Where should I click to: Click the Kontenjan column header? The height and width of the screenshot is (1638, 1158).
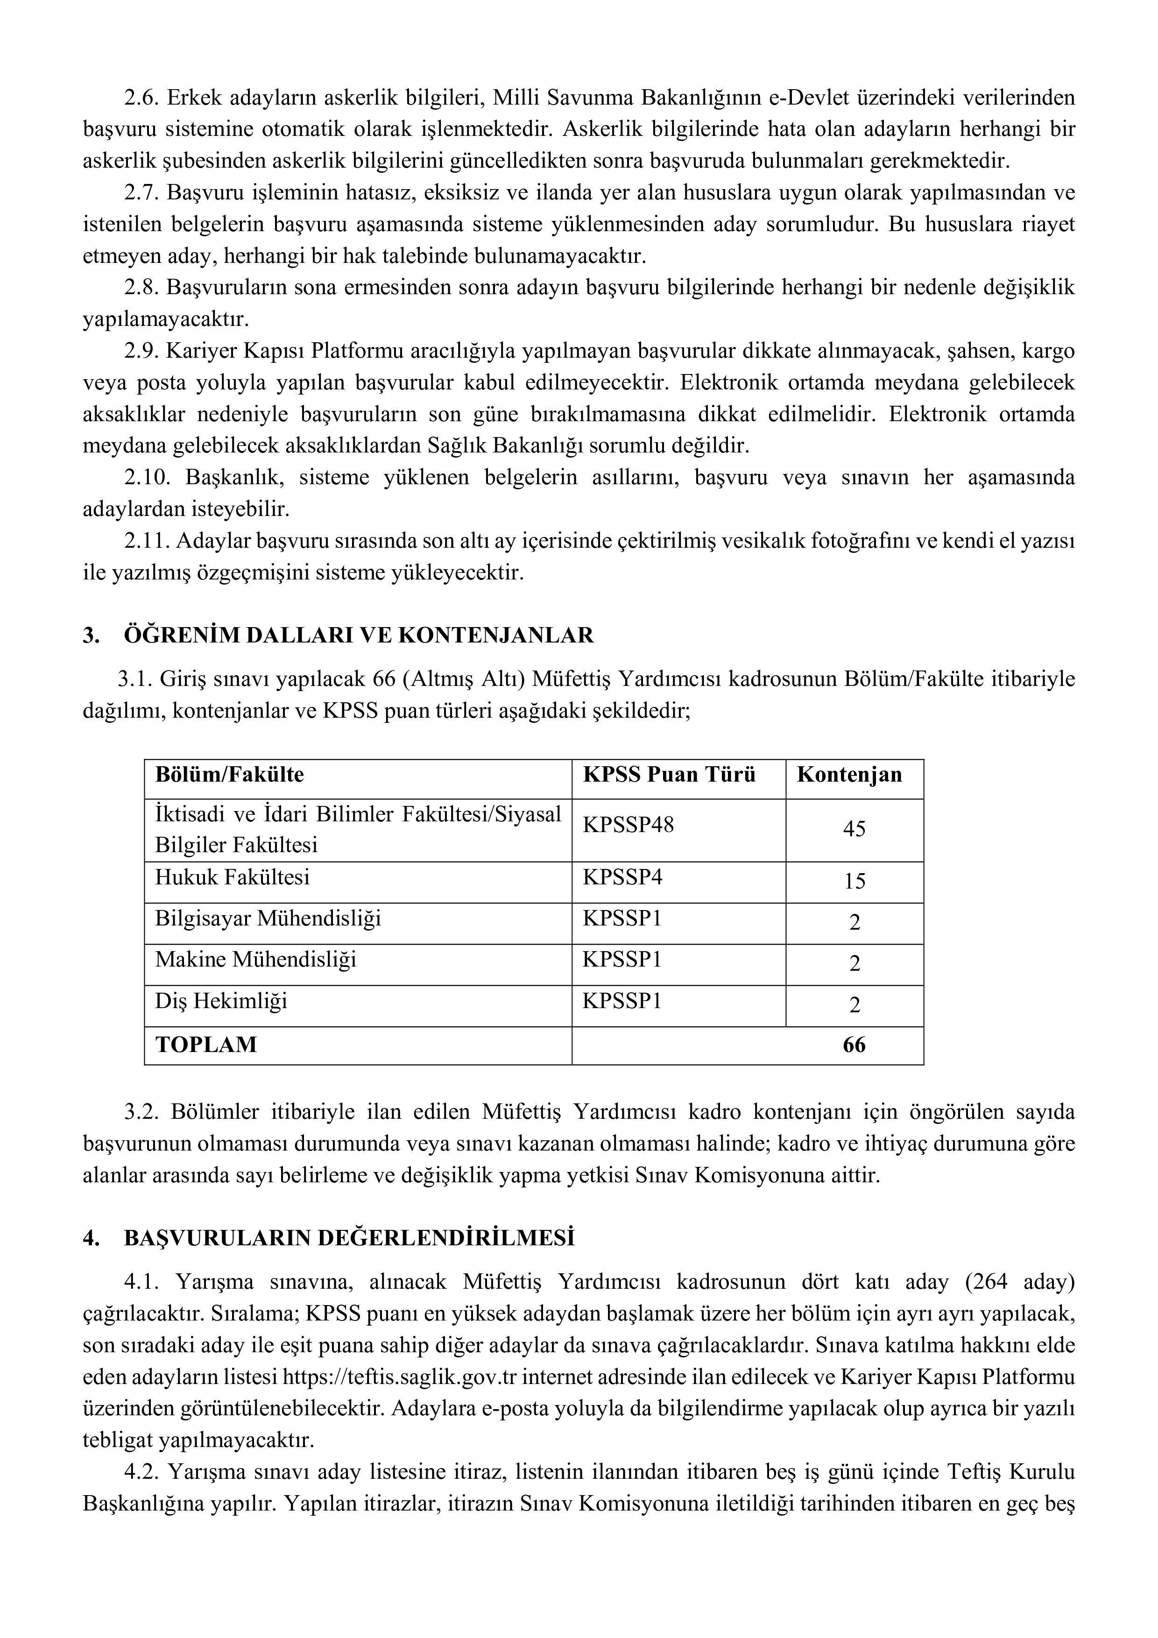pos(849,775)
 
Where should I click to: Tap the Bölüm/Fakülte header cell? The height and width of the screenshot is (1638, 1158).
pos(230,775)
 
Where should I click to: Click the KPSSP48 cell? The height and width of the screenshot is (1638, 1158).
pos(628,826)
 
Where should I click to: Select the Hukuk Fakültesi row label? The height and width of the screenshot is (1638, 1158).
pos(233,877)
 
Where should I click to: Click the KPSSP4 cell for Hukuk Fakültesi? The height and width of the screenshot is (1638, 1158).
pos(622,877)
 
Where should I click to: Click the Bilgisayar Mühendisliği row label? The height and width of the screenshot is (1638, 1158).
pos(268,918)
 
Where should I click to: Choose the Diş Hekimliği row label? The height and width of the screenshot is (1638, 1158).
pos(221,1001)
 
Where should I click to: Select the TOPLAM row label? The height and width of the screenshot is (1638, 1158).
pos(206,1045)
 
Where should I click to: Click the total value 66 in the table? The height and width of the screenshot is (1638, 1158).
pos(854,1045)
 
